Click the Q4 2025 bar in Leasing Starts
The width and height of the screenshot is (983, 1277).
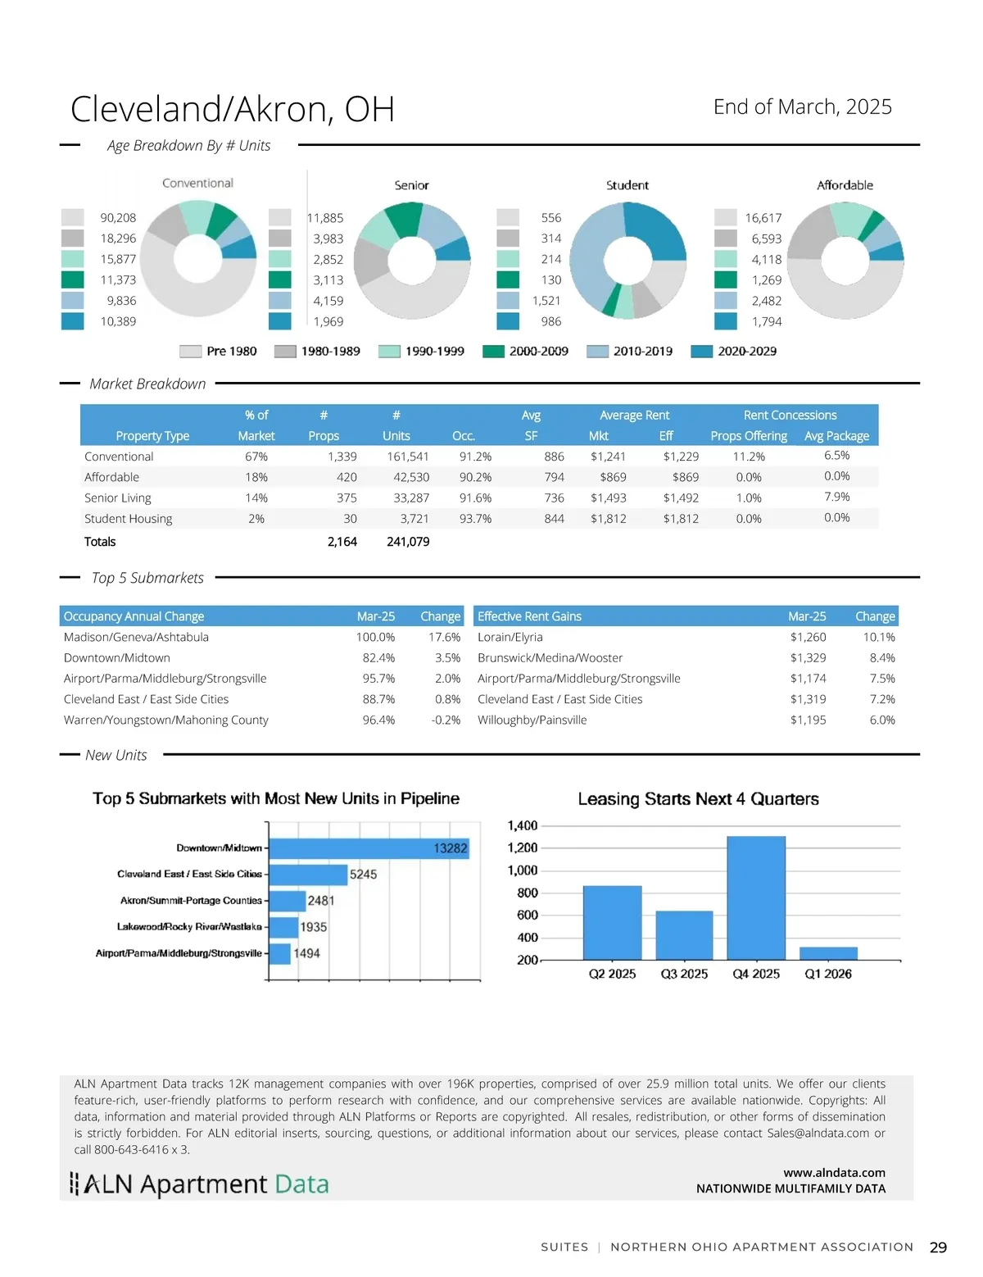click(x=755, y=898)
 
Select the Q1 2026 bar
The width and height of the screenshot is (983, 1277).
click(x=828, y=953)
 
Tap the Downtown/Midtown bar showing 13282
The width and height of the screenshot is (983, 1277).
click(x=369, y=848)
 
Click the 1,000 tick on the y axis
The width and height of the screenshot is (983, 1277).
click(x=523, y=870)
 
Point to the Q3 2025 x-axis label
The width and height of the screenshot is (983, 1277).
click(x=684, y=974)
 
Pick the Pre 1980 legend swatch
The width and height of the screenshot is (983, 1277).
click(x=190, y=351)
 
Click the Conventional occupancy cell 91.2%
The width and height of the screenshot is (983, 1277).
click(x=475, y=457)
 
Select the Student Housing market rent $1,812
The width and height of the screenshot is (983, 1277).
click(x=608, y=519)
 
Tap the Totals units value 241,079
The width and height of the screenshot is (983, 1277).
click(x=408, y=542)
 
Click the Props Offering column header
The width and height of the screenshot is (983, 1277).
click(x=749, y=436)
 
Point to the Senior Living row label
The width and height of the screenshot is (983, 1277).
click(x=118, y=498)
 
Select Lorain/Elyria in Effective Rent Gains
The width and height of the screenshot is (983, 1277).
click(x=510, y=637)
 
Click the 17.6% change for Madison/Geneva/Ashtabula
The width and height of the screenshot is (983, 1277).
click(x=444, y=637)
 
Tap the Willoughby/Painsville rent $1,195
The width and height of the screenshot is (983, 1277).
click(x=808, y=720)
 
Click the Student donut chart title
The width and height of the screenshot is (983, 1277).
click(x=627, y=185)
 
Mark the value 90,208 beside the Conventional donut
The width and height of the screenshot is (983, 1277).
click(x=118, y=218)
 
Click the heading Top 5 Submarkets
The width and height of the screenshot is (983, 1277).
click(x=147, y=578)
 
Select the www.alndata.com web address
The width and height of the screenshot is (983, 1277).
click(x=834, y=1173)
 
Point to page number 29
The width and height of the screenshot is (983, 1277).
click(x=938, y=1247)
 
